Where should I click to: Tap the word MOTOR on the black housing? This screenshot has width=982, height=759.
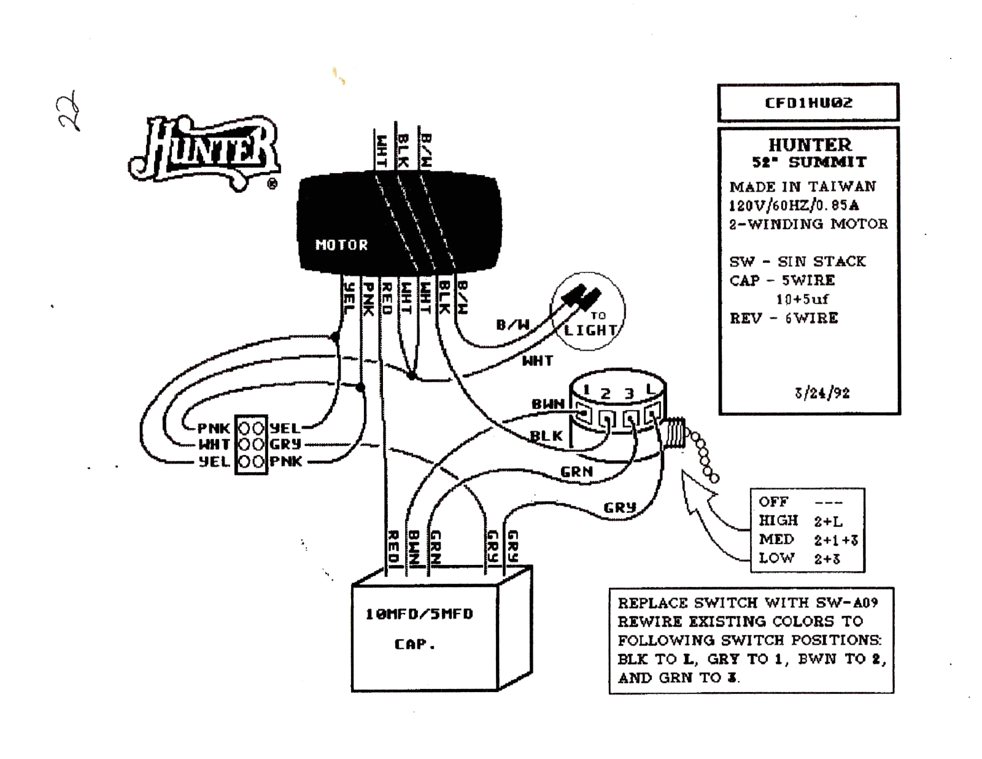341,245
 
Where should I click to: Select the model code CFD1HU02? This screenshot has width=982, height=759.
808,103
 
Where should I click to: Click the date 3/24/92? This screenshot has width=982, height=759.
822,393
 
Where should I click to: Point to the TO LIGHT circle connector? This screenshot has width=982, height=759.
588,313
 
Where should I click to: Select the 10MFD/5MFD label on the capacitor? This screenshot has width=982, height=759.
419,614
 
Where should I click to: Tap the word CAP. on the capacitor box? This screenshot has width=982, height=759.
414,644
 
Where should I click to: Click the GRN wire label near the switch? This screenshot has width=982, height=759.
576,472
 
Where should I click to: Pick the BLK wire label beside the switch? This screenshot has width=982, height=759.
546,436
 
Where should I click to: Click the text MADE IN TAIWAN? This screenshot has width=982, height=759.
802,186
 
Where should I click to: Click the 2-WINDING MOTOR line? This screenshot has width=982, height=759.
808,224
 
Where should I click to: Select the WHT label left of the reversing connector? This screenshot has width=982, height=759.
214,444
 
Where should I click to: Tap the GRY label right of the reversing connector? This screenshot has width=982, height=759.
285,444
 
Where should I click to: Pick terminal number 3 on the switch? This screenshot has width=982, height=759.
628,394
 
